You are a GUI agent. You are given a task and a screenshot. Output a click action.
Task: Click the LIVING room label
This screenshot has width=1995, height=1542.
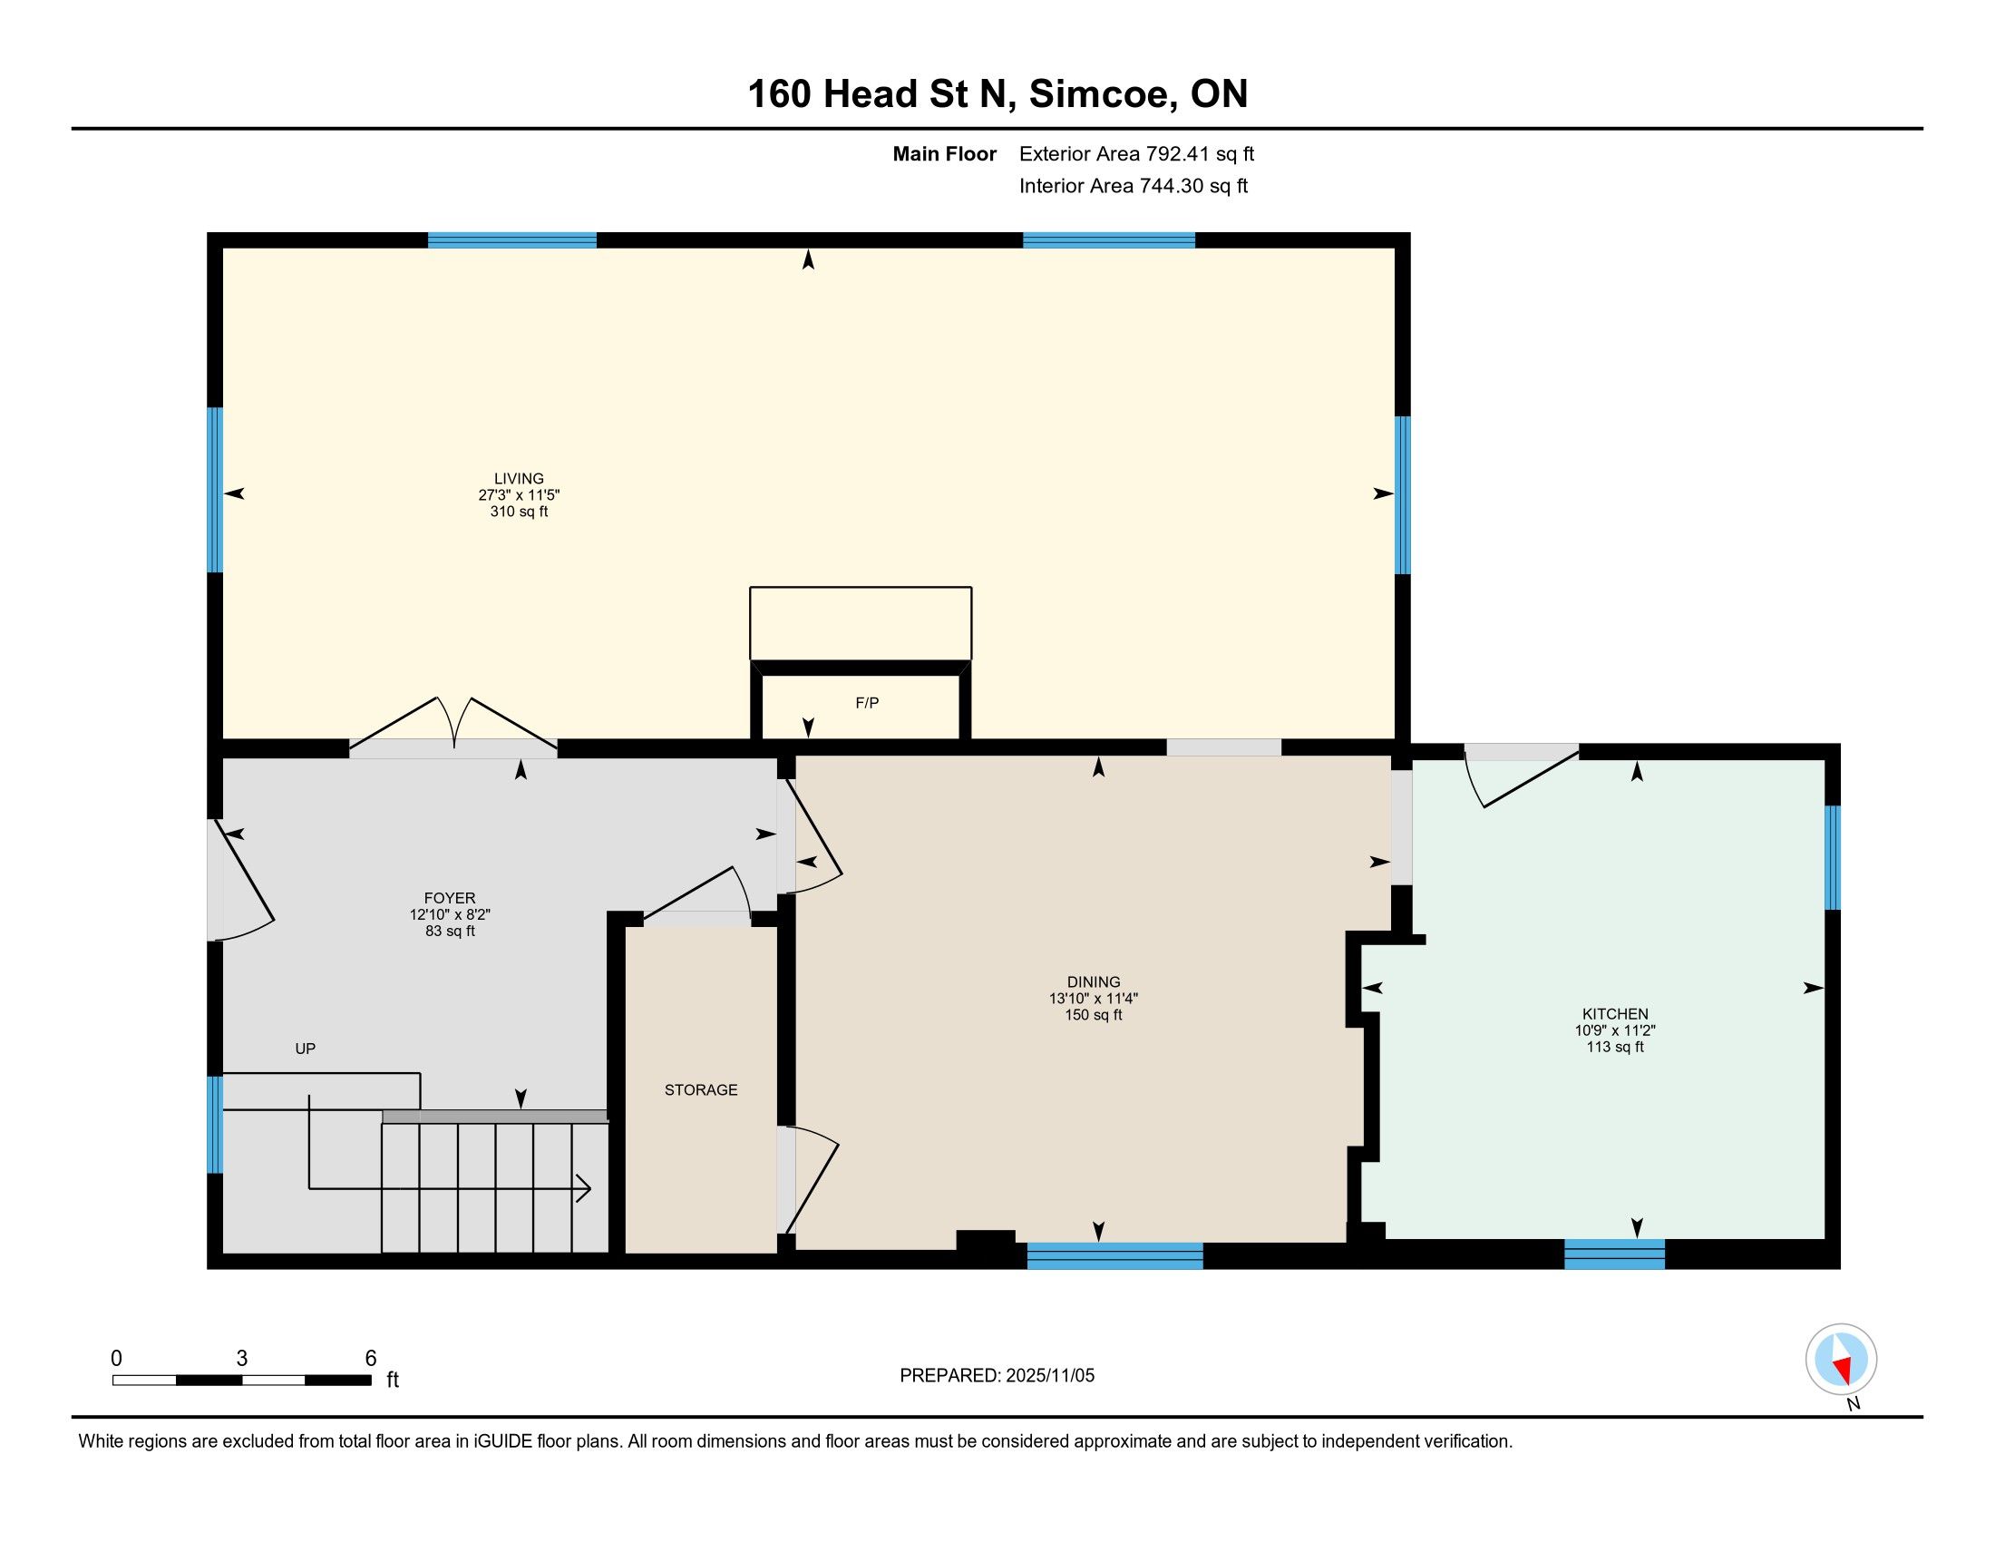click(x=519, y=479)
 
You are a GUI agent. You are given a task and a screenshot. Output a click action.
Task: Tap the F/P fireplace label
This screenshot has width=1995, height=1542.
click(x=867, y=703)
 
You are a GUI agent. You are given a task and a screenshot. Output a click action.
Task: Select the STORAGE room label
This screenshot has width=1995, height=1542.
click(x=701, y=1089)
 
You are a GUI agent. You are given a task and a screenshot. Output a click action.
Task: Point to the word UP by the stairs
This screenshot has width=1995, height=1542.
click(x=305, y=1049)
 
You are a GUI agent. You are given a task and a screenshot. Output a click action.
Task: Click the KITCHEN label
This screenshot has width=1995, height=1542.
click(x=1615, y=1014)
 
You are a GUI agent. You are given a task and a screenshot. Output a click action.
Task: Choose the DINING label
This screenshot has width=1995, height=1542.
click(x=1094, y=982)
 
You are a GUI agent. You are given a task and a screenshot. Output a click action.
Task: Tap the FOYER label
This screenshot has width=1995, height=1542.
click(x=450, y=898)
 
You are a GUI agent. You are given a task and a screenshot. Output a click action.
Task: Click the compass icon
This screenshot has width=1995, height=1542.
click(x=1842, y=1360)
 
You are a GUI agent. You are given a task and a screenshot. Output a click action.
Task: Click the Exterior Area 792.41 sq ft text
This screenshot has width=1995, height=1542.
click(x=1136, y=154)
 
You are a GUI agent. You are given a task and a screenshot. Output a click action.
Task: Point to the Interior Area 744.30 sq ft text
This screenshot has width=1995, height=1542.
click(x=1133, y=186)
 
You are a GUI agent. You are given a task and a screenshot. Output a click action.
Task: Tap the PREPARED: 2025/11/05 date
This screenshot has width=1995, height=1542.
click(x=997, y=1376)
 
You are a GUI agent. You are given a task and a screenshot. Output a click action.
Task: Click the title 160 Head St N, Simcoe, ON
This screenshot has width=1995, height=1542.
click(x=997, y=94)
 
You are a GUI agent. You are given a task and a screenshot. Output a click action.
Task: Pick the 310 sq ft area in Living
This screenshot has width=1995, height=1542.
click(x=519, y=512)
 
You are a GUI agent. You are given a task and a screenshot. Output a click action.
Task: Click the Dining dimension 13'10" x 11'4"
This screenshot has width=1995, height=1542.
click(x=1094, y=999)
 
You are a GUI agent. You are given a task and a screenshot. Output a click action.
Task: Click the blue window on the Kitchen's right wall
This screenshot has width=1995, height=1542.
click(x=1833, y=857)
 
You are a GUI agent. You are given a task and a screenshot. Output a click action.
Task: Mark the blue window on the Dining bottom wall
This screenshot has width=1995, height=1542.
click(x=1114, y=1256)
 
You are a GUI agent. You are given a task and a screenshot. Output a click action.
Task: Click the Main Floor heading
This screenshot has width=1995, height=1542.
click(x=945, y=154)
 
